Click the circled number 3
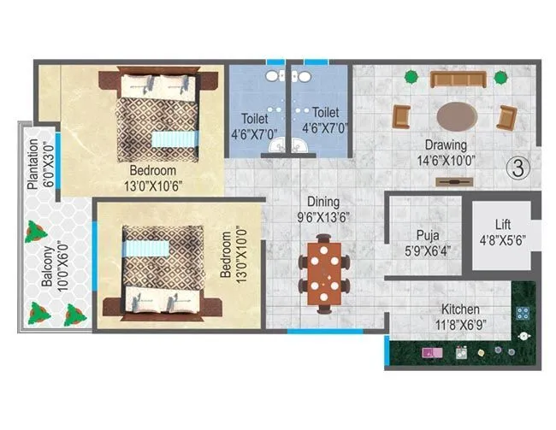coord(515,168)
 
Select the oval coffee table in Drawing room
coord(458,115)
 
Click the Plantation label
coord(33,162)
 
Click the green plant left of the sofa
coord(411,77)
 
